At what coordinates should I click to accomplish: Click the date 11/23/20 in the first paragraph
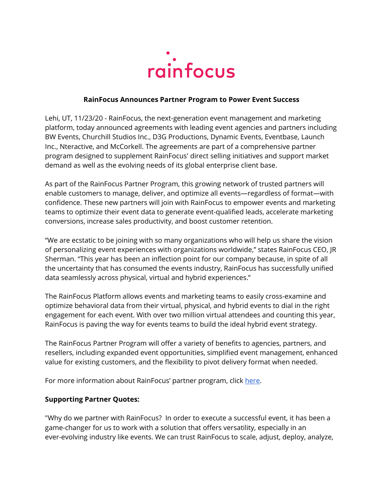tap(88, 118)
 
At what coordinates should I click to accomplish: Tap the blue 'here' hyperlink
tap(252, 381)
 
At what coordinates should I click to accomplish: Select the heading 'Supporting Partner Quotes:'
tap(92, 399)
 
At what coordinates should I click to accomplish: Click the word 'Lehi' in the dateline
tap(52, 118)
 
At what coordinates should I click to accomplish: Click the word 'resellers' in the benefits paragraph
tap(59, 353)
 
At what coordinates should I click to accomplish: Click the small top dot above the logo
tap(168, 53)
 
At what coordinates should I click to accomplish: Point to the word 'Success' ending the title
tap(286, 100)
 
